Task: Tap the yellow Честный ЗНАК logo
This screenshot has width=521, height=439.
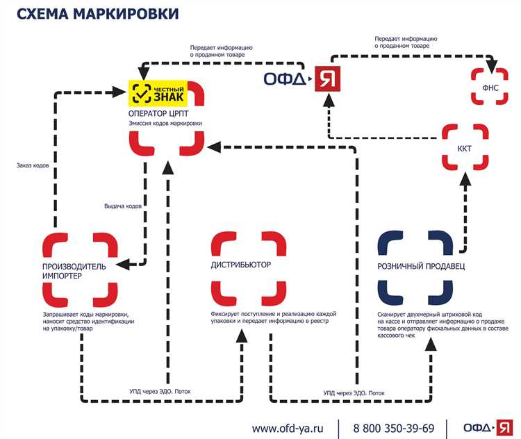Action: point(159,92)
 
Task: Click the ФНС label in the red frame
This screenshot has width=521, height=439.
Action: point(490,87)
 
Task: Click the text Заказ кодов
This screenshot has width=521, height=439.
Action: point(32,165)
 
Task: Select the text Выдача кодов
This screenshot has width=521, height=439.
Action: point(123,206)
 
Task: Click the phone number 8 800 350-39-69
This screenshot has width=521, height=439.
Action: point(394,428)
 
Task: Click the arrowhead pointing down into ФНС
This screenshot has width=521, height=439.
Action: point(490,68)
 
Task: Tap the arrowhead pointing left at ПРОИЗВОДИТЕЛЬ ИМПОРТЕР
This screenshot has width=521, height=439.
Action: point(120,265)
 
